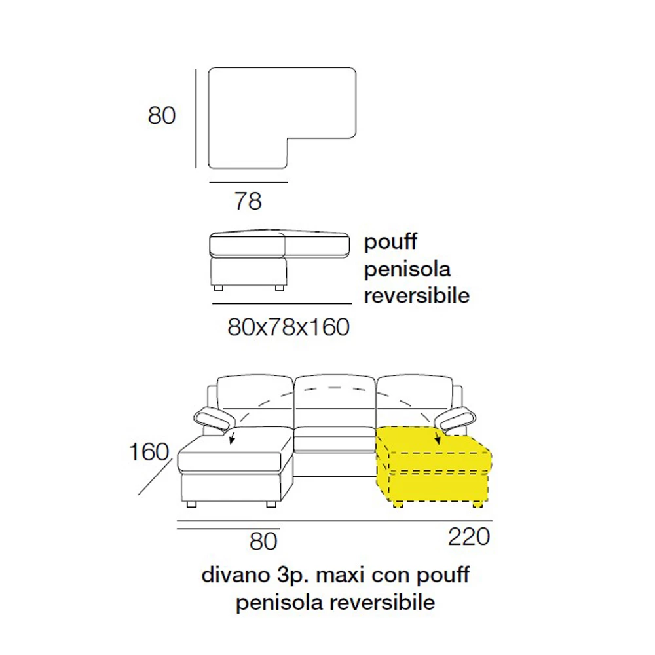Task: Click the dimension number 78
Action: coord(248,201)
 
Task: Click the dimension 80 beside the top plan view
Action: coord(162,116)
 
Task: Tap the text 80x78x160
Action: coord(288,327)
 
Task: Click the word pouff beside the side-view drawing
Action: coord(390,242)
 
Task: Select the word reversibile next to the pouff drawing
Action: coord(417,295)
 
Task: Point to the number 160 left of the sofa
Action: coord(149,452)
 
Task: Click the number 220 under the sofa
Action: coord(469,537)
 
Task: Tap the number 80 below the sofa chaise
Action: coord(263,542)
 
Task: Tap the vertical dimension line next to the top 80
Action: coord(196,118)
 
